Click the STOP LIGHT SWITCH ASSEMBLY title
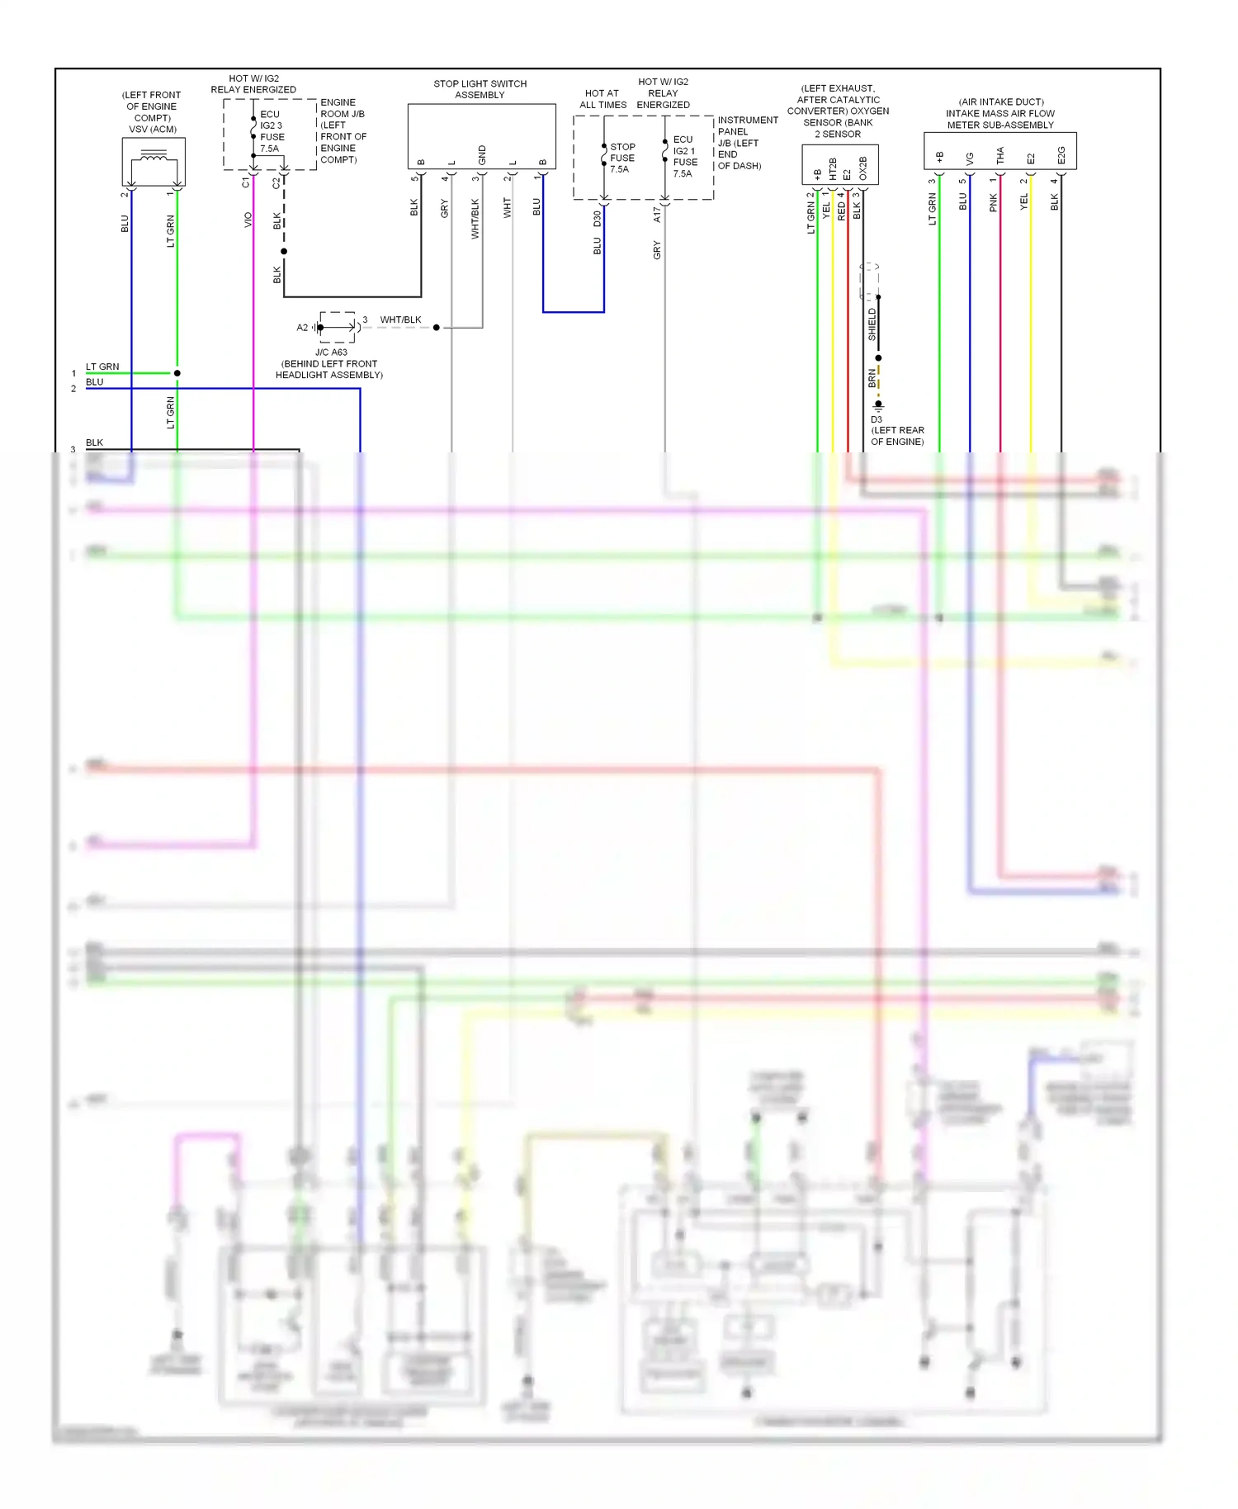click(x=480, y=89)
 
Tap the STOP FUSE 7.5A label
click(x=621, y=158)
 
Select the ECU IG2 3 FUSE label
click(x=272, y=131)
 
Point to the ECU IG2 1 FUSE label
click(x=683, y=156)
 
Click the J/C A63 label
click(x=331, y=352)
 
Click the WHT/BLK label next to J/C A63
click(x=400, y=320)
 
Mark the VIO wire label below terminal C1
click(x=248, y=220)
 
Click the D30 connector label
click(x=597, y=219)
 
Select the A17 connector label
click(x=657, y=215)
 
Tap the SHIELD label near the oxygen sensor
click(x=872, y=324)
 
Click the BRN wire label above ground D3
click(x=872, y=378)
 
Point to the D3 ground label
click(x=877, y=419)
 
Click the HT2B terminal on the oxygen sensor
click(x=833, y=168)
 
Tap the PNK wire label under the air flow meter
click(x=993, y=202)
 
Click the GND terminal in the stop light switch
click(x=482, y=154)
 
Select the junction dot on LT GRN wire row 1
click(x=177, y=373)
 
